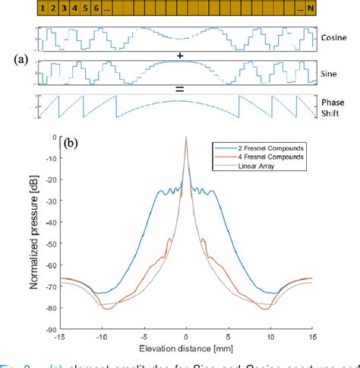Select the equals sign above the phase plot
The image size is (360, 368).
click(180, 90)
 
